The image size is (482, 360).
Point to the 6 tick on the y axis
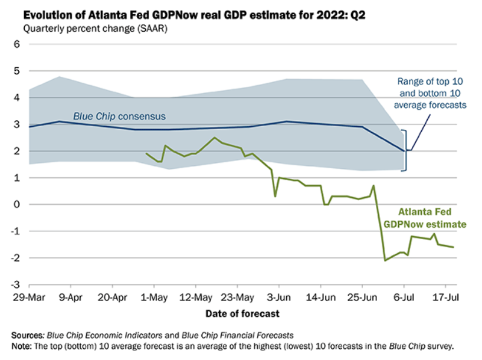17,44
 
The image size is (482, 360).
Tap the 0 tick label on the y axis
17,204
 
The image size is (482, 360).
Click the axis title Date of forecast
242,313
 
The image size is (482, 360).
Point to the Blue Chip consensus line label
119,116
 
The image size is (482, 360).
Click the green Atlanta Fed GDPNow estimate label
424,218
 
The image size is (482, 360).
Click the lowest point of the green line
385,260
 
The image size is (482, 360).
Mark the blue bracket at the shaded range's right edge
405,150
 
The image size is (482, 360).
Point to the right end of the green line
453,247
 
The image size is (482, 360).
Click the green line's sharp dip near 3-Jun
276,196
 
